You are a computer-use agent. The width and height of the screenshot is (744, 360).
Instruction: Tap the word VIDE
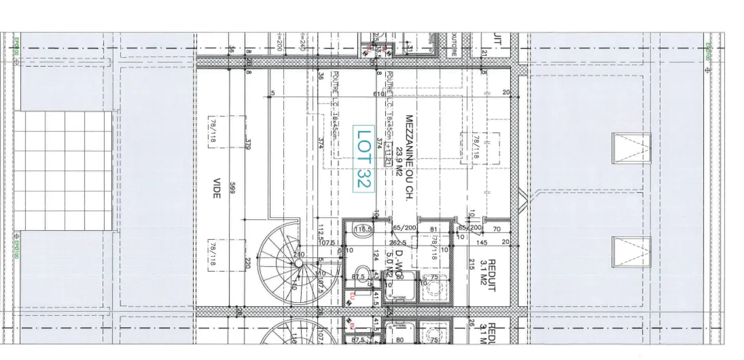pos(216,189)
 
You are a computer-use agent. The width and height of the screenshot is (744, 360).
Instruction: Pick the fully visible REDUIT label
pos(491,276)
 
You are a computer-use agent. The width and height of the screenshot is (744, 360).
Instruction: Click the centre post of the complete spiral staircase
pos(298,263)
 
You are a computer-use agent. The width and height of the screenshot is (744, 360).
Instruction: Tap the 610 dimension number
pos(379,93)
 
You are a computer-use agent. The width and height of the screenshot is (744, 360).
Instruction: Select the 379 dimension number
pos(247,145)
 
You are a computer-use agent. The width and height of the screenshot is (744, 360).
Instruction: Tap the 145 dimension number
pos(482,243)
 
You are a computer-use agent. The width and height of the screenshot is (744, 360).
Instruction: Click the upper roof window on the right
pos(631,148)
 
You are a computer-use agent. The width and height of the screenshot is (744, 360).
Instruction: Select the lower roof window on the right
pos(631,252)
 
